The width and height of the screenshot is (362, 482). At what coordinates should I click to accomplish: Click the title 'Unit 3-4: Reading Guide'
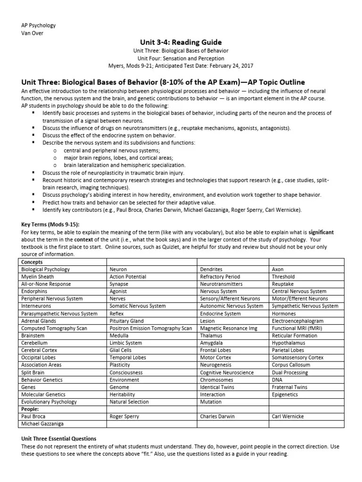(181, 42)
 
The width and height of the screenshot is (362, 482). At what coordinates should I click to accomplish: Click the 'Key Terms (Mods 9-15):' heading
(49, 225)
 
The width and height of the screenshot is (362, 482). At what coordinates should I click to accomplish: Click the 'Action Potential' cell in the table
(128, 277)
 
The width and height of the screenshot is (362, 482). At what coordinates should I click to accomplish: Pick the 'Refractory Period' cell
(220, 277)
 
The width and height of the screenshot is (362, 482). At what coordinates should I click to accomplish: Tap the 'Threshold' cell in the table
(283, 277)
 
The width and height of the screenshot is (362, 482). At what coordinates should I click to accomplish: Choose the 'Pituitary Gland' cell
(127, 321)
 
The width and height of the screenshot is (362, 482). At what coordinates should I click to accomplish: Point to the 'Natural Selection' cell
(129, 402)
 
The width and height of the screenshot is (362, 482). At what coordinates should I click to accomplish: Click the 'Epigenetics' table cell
(285, 394)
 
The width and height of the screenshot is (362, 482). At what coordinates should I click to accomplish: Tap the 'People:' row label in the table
(31, 409)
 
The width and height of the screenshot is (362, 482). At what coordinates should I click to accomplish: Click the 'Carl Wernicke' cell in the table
(288, 417)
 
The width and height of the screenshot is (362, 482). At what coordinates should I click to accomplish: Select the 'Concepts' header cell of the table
(32, 262)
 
